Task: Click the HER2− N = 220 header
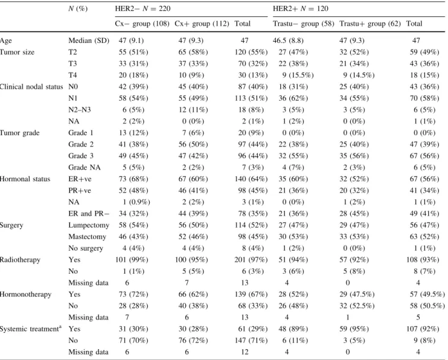(x=142, y=8)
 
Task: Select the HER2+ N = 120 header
(x=300, y=8)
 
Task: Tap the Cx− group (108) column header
(x=142, y=24)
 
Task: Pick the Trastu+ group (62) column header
(x=370, y=24)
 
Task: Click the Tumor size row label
(x=17, y=52)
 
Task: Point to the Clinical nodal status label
(x=31, y=86)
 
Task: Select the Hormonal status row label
(x=25, y=179)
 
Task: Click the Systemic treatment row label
(x=31, y=329)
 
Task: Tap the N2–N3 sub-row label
(x=80, y=110)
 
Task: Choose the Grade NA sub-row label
(x=85, y=167)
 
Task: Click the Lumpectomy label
(x=89, y=225)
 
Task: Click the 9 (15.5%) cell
(x=298, y=76)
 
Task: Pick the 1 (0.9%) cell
(x=136, y=202)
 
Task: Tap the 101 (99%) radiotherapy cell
(x=132, y=260)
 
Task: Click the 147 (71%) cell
(x=251, y=340)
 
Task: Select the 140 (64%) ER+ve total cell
(x=251, y=179)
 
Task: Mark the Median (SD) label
(x=89, y=40)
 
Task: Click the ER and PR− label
(x=89, y=214)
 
